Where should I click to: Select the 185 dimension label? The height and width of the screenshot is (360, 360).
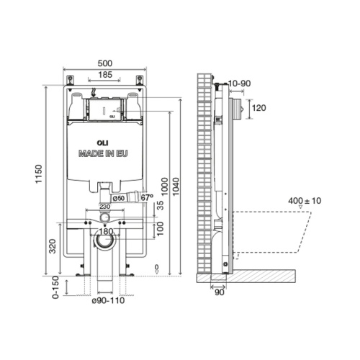coord(104,74)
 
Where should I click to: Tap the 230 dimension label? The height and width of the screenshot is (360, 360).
coord(106,208)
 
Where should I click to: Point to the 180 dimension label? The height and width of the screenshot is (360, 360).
coord(105,232)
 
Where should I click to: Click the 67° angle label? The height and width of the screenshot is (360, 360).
coord(147,197)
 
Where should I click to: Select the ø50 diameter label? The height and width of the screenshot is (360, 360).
coord(119,197)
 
